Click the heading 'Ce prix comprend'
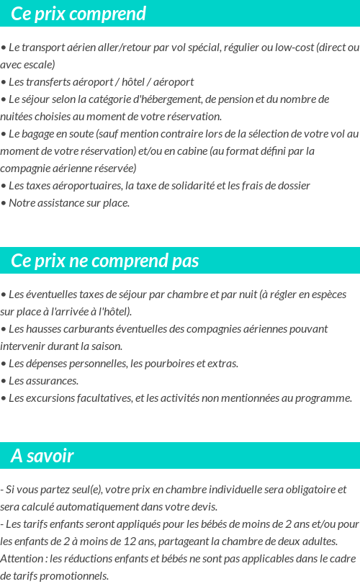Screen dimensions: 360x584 coord(78,14)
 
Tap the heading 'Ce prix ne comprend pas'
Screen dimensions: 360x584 coord(105,260)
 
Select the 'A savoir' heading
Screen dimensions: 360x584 coord(42,455)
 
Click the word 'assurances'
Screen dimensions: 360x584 coord(50,380)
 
